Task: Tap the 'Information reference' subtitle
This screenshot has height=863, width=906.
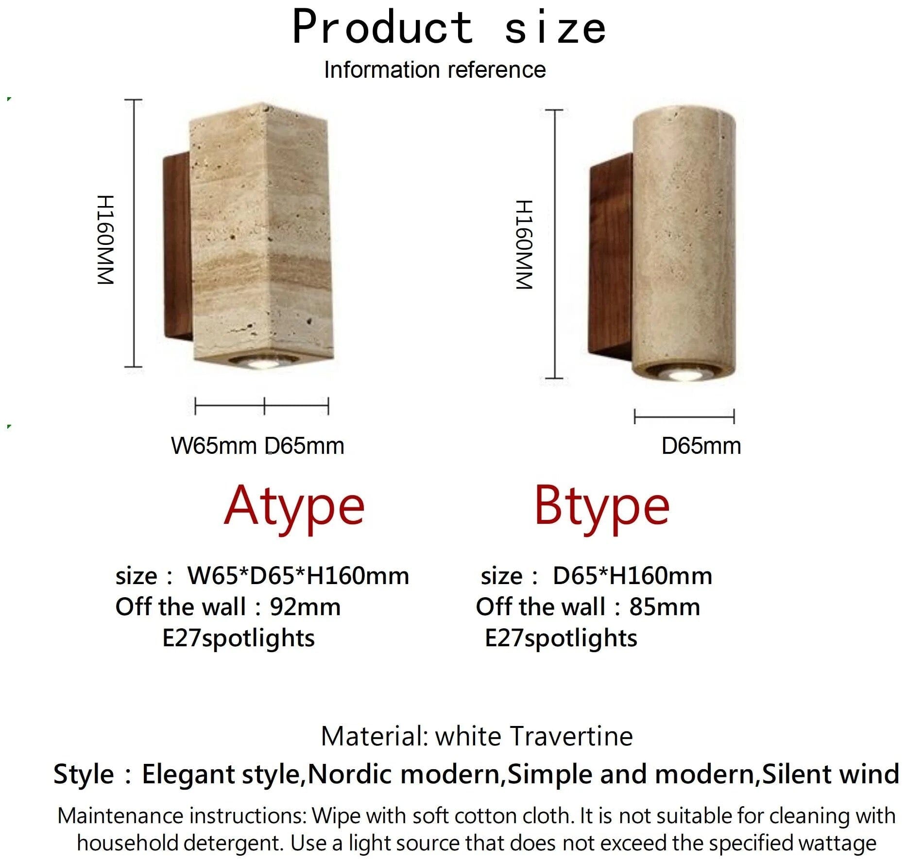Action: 435,69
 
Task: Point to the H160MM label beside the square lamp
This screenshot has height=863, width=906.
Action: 105,240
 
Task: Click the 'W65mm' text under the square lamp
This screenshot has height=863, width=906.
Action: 214,446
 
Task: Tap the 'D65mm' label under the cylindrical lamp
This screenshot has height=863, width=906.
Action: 701,446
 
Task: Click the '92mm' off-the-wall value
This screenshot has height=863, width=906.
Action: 305,607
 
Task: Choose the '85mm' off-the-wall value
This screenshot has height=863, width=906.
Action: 665,607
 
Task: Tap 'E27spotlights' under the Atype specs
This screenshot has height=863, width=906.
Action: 239,638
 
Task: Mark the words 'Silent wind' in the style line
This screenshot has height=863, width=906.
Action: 831,774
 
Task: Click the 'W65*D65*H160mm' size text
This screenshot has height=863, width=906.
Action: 298,576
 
